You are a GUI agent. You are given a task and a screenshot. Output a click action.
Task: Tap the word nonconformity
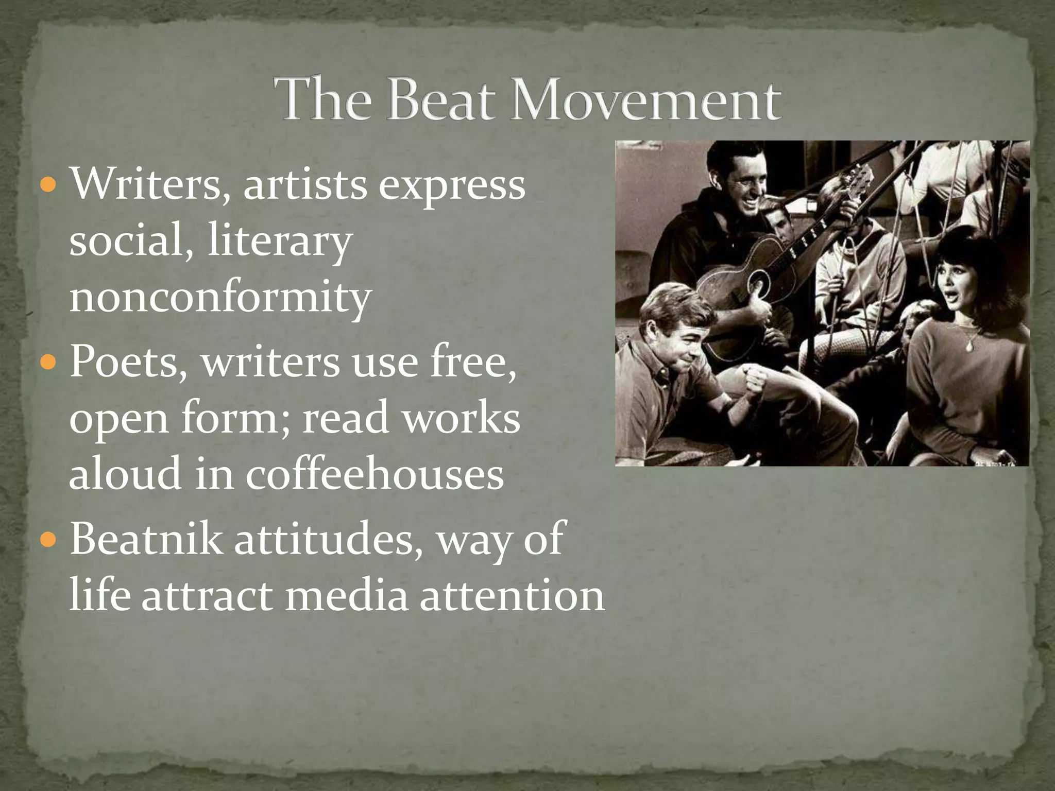(220, 298)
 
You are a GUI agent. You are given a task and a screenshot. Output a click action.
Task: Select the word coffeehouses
(375, 474)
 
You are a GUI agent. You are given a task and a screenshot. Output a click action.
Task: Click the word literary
(280, 242)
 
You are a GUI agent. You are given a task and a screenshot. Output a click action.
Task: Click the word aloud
(125, 474)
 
